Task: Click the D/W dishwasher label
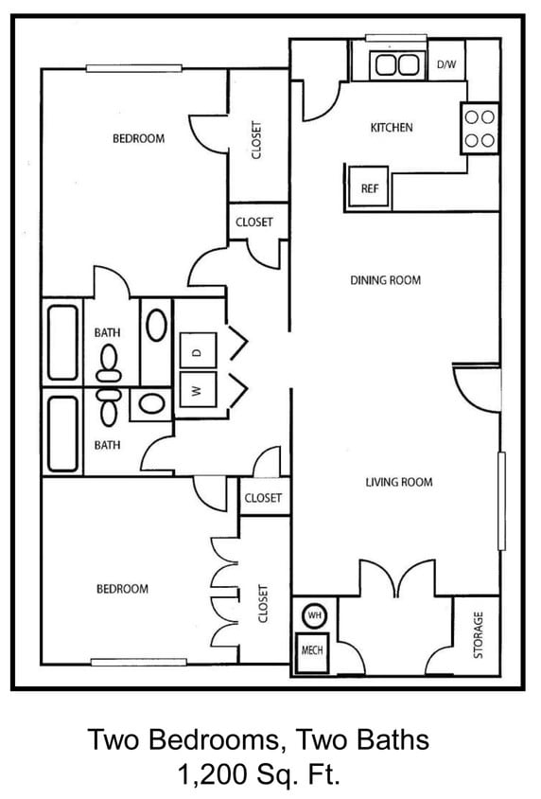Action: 445,65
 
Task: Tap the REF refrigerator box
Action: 369,187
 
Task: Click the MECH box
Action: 312,651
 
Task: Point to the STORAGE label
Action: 478,634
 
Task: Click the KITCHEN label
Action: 391,127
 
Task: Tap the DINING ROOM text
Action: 385,280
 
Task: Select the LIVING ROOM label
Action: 398,482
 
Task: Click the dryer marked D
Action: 198,351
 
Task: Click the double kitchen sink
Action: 396,65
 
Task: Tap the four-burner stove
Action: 480,129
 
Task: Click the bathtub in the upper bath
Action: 62,342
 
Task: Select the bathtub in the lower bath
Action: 62,432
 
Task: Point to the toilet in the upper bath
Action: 110,360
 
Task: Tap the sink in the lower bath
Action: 151,405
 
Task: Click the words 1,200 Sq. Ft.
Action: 258,775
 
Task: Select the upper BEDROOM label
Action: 138,138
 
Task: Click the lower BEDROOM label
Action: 122,589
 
